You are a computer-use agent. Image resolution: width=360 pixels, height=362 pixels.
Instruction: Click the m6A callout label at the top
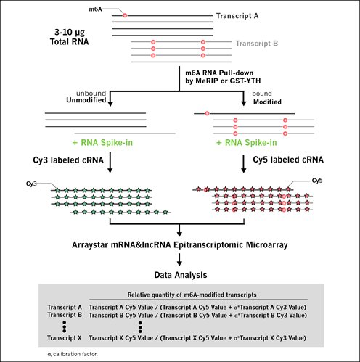[95, 9]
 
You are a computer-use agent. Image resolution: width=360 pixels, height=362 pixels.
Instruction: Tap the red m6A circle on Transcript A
[125, 15]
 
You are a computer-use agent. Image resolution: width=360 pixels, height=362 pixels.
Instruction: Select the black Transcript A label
[237, 16]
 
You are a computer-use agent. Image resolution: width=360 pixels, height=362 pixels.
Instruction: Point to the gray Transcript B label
[257, 44]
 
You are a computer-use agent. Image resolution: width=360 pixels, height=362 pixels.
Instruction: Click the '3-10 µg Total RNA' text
[70, 37]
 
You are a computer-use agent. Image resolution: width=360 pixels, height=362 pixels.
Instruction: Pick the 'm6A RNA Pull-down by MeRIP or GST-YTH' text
[223, 77]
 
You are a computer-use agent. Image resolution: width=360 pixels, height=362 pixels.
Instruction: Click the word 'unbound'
[91, 94]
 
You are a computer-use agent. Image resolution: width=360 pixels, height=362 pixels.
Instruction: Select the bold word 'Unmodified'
[86, 100]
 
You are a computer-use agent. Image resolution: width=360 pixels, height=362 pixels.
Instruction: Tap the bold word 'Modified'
[267, 102]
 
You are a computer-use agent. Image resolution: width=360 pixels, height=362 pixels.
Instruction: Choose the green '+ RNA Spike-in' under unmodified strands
[102, 143]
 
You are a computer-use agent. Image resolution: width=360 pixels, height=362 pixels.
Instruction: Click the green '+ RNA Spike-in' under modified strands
[247, 143]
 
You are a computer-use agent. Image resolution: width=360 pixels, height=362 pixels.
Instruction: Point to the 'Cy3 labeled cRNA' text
[68, 160]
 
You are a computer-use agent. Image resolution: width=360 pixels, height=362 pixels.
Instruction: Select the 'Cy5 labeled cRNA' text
[288, 160]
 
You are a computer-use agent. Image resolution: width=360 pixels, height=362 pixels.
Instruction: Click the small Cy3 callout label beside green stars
[31, 184]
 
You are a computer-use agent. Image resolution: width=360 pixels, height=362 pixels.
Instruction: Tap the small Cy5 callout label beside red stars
[317, 181]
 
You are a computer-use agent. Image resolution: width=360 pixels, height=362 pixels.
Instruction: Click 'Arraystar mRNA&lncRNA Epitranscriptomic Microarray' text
[180, 245]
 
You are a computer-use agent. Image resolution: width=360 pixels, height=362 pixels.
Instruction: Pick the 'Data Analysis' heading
[181, 275]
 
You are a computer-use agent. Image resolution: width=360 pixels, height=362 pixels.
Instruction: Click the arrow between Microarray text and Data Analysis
[179, 260]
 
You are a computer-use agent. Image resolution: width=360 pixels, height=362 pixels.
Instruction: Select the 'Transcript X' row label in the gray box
[65, 338]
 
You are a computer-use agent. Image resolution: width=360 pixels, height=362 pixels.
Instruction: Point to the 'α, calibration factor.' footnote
[73, 354]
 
